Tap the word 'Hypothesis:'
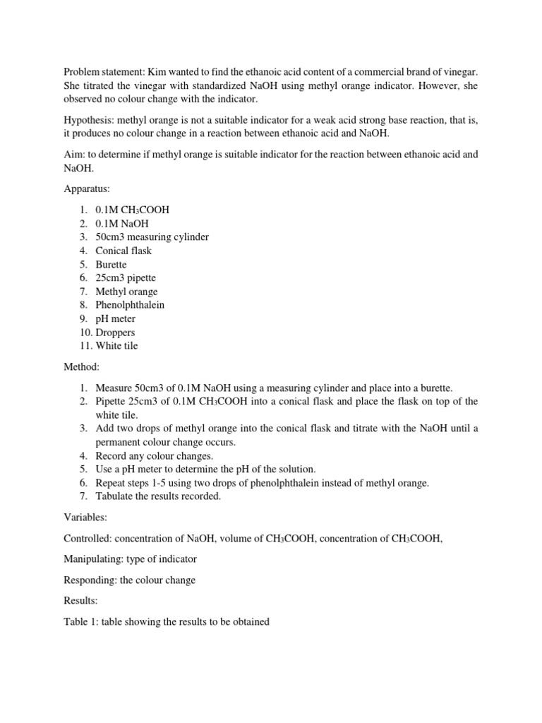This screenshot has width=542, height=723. (x=90, y=121)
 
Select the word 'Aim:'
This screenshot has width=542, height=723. (x=74, y=155)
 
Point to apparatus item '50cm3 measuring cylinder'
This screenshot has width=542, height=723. (x=152, y=237)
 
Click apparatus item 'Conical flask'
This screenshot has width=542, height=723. (x=123, y=251)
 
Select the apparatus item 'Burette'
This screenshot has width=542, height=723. (x=111, y=265)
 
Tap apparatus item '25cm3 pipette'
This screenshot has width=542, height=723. (x=126, y=278)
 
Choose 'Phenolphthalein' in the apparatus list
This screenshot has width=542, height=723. (x=130, y=305)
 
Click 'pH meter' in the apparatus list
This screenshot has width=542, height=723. (x=115, y=319)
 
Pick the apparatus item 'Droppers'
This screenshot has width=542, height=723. (x=115, y=333)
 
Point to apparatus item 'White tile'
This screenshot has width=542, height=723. (x=116, y=346)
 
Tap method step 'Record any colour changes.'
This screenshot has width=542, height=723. (x=154, y=455)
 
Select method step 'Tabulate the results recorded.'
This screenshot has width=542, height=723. (x=158, y=496)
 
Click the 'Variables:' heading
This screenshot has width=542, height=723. (x=85, y=518)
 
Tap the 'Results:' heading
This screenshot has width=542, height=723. (x=80, y=601)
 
